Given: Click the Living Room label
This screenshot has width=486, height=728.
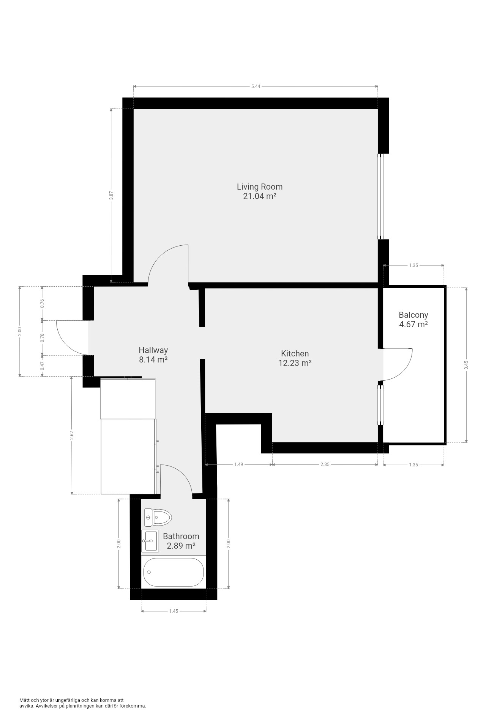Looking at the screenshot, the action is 260,187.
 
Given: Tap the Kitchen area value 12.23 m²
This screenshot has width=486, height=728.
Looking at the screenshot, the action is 295,363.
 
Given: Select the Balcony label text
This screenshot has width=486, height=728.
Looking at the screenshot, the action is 413,315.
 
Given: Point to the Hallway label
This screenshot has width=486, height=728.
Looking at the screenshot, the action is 153,350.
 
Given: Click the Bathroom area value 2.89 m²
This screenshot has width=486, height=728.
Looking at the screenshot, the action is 181,546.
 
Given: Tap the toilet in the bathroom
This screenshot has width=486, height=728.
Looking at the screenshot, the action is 158,517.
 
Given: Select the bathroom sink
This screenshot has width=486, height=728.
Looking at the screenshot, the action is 150,541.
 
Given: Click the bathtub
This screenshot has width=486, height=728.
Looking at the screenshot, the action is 174,572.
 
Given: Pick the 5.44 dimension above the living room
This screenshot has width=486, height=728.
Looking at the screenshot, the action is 256,86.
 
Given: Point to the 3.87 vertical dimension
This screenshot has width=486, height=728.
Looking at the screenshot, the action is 111,195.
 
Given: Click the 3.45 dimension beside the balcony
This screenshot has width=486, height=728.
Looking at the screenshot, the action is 466,365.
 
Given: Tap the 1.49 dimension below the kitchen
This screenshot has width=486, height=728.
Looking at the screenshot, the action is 238,464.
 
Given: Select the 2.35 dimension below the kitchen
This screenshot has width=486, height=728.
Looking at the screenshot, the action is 325,464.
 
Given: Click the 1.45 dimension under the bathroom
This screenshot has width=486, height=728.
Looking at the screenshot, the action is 174,611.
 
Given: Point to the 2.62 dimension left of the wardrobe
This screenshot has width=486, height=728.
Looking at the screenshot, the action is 72,435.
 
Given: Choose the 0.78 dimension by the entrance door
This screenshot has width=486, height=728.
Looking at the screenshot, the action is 43,337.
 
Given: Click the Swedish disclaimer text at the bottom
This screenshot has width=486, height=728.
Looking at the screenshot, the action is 83,703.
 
